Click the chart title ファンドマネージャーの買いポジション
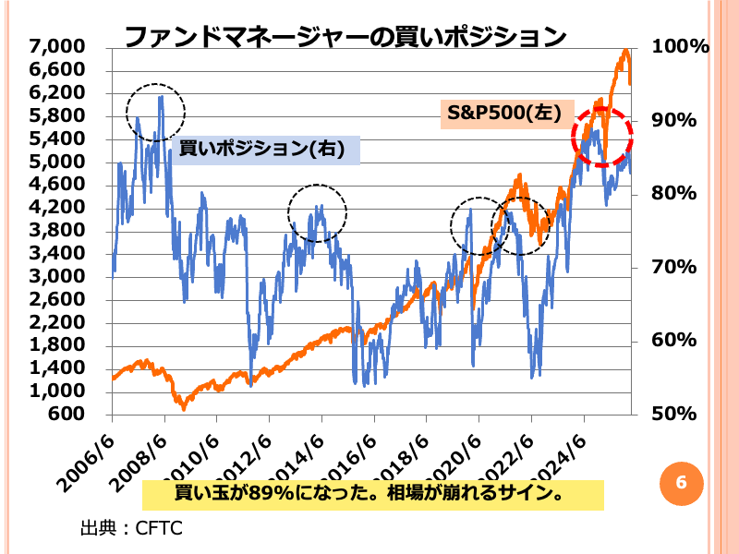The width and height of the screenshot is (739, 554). (345, 37)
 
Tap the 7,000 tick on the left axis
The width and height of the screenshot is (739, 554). (57, 47)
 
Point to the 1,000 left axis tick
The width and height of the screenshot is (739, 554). (57, 391)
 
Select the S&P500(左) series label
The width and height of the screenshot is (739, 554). (500, 113)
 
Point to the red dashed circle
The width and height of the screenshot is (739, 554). (602, 137)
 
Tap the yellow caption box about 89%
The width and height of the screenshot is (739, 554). (372, 495)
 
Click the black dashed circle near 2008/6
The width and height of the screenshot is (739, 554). (156, 112)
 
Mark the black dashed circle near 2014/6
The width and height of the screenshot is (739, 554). (317, 213)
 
